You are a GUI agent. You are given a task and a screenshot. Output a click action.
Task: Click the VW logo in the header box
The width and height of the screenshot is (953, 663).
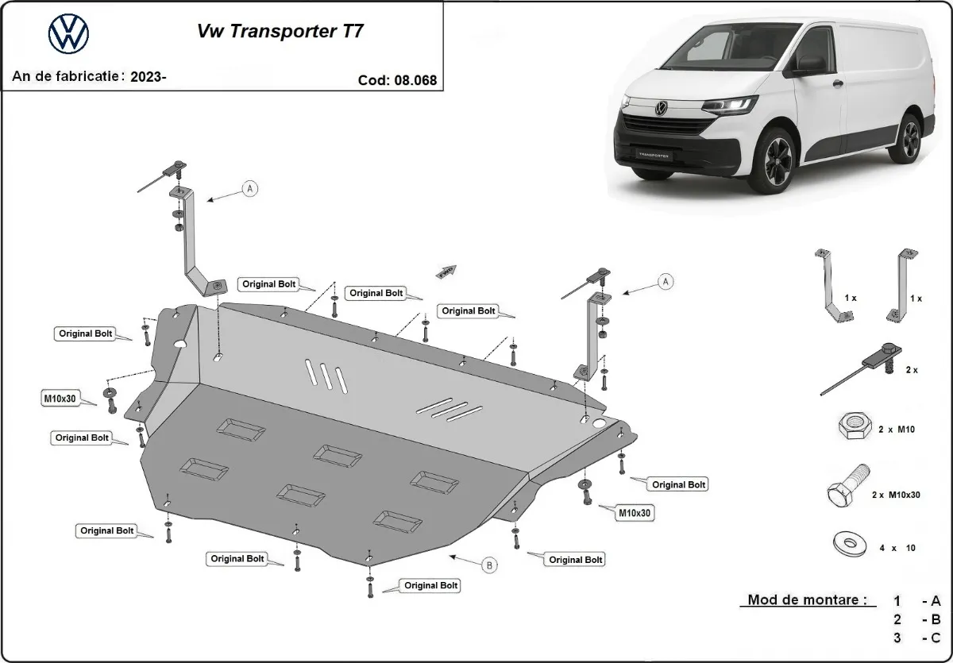click(x=69, y=34)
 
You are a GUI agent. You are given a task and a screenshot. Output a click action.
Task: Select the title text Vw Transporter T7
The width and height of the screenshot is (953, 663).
click(x=281, y=33)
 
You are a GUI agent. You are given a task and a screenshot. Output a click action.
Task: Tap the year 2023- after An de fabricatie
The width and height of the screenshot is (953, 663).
click(x=149, y=77)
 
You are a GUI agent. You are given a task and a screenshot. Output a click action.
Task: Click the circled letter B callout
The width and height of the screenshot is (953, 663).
click(x=490, y=565)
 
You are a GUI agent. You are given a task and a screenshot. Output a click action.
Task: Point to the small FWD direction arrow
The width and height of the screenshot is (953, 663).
click(x=446, y=271)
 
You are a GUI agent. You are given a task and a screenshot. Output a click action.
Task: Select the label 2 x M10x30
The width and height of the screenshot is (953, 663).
click(x=896, y=495)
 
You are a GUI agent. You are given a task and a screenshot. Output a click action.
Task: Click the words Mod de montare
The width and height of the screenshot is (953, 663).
click(x=806, y=600)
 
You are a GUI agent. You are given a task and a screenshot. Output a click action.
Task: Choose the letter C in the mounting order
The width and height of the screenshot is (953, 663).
click(x=936, y=638)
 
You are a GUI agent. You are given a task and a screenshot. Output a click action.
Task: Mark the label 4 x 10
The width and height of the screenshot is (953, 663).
click(x=897, y=548)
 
